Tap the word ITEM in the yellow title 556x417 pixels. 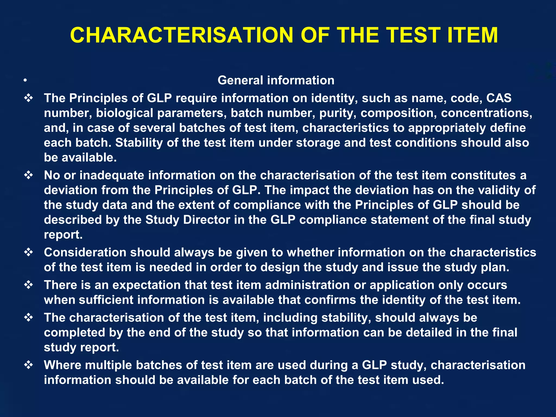[473, 35]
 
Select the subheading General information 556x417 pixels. [276, 80]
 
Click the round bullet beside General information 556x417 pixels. [25, 80]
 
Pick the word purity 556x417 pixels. [338, 113]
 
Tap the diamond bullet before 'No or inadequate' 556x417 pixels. [29, 175]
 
